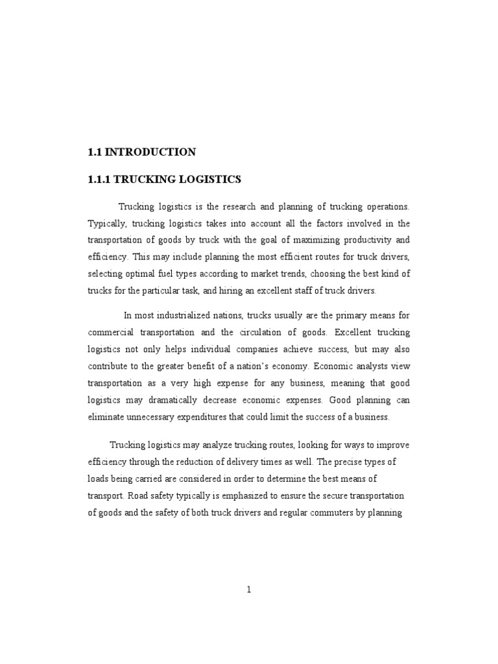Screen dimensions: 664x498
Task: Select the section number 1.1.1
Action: tap(101, 179)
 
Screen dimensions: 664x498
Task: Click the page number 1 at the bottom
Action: tap(248, 589)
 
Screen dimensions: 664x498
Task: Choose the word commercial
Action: tap(112, 333)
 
